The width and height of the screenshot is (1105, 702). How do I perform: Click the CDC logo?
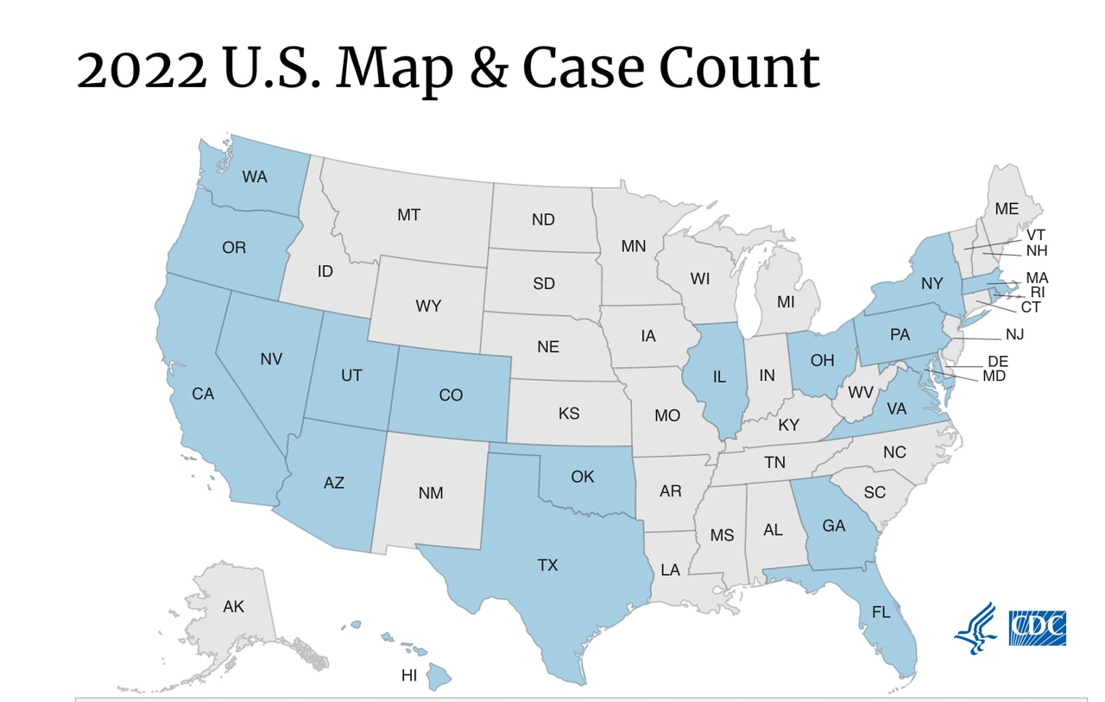1038,628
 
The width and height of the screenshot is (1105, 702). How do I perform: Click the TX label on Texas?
547,566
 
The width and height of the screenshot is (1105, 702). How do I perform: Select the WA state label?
254,177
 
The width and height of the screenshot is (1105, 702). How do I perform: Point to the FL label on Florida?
881,613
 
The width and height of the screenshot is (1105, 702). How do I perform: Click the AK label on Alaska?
233,607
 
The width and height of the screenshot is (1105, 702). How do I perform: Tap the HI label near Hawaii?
409,675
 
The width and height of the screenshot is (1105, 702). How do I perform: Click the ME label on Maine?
1007,209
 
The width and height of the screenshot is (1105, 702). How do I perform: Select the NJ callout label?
1014,333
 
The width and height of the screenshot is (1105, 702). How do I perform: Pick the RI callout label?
1038,292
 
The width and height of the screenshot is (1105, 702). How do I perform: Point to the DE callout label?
997,361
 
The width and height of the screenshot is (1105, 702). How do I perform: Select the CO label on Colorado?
451,395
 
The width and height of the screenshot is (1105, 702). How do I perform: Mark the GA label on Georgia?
833,525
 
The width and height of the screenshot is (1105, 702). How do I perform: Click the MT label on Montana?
408,215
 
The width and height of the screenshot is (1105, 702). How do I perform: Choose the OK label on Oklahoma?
583,476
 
